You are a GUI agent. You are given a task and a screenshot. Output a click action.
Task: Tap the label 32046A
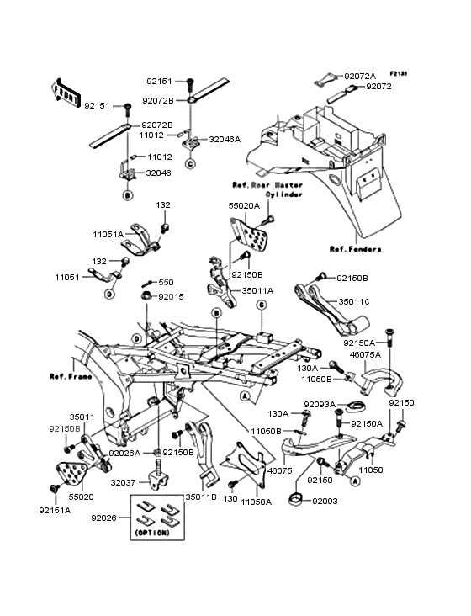click(225, 140)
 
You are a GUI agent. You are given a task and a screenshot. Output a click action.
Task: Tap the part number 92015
click(171, 296)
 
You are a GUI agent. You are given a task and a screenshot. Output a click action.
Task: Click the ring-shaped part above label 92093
click(297, 503)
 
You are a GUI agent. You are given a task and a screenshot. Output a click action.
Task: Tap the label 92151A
click(55, 509)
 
